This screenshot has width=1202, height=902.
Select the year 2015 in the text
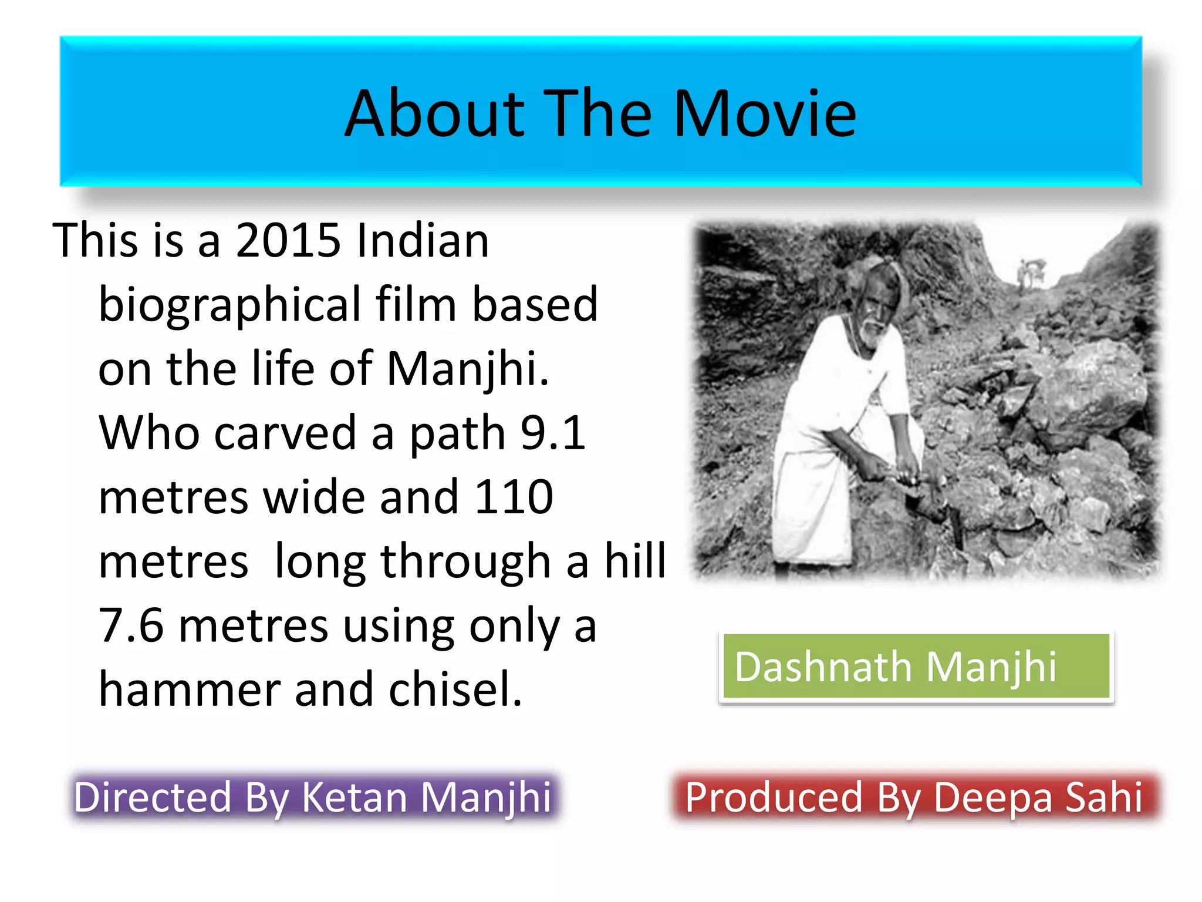[288, 240]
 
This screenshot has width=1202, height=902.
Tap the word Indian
[423, 240]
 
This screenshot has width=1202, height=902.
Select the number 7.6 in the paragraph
[131, 625]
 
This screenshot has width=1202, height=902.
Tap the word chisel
[455, 689]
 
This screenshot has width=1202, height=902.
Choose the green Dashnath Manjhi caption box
[916, 667]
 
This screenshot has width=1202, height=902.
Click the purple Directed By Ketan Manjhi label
[313, 797]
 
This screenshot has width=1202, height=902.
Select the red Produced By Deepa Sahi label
[914, 797]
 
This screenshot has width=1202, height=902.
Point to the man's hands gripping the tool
[898, 470]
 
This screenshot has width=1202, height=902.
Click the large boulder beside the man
[1086, 393]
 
